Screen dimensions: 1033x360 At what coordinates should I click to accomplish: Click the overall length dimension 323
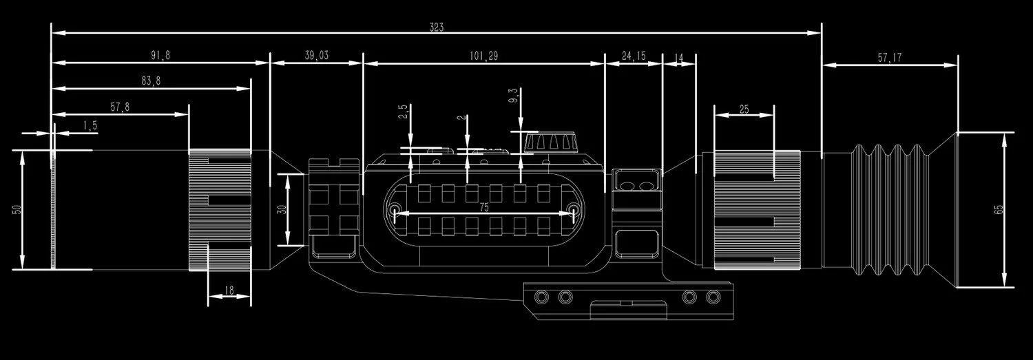(437, 28)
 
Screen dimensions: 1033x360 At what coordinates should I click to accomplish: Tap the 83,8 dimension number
(151, 81)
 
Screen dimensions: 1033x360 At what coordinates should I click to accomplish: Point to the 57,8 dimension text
(120, 107)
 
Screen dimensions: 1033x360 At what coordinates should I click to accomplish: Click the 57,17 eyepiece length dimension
(889, 59)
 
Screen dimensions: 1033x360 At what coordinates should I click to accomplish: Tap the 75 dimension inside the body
(484, 207)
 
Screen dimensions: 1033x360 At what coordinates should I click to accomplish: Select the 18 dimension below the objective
(230, 291)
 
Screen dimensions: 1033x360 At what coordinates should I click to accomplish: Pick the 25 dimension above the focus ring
(744, 109)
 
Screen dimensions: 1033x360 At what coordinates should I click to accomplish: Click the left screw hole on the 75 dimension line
(395, 210)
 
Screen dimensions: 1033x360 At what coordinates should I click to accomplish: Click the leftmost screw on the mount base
(543, 297)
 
